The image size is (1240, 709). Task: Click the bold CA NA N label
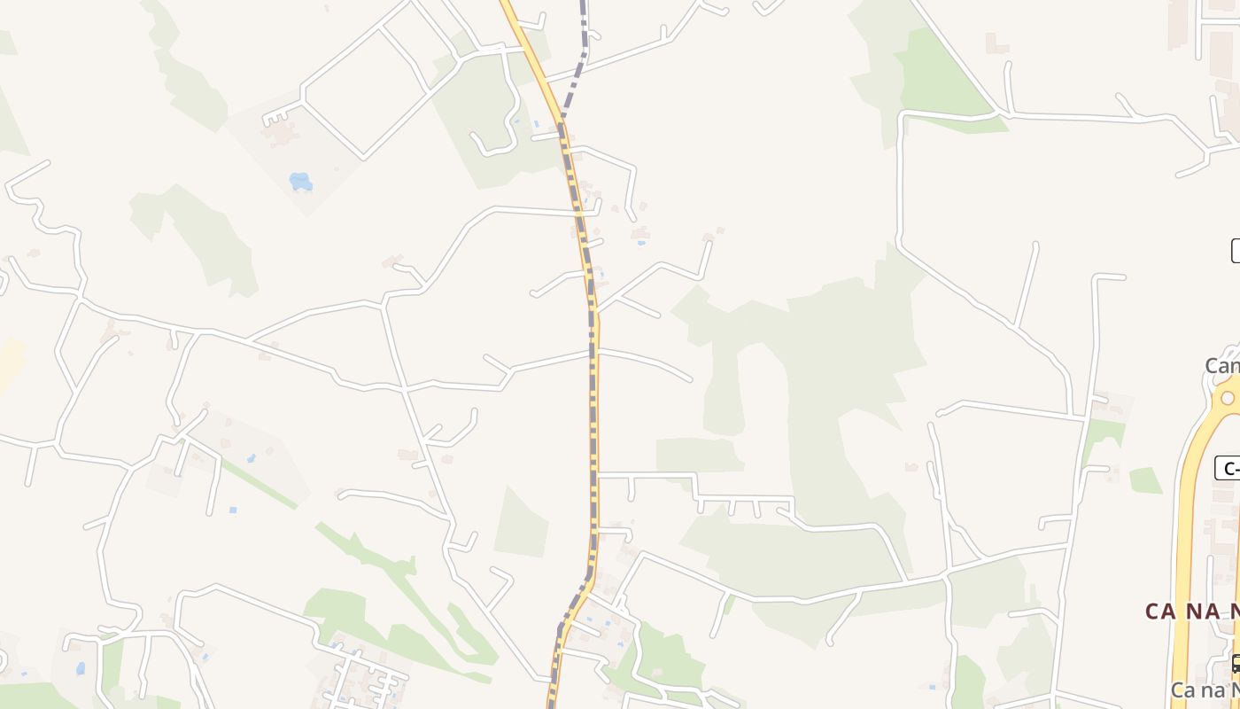click(1192, 611)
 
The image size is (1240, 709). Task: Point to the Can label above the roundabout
click(1221, 365)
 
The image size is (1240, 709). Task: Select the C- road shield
click(1227, 469)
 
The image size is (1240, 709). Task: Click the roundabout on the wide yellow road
click(1228, 398)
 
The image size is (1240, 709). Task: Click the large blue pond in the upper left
click(300, 182)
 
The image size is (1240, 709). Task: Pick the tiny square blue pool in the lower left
click(232, 510)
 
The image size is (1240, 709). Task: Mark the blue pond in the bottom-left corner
click(81, 668)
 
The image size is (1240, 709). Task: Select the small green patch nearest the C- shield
click(1144, 480)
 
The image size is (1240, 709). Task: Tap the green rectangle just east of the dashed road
click(699, 455)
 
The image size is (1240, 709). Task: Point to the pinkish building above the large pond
click(282, 134)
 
